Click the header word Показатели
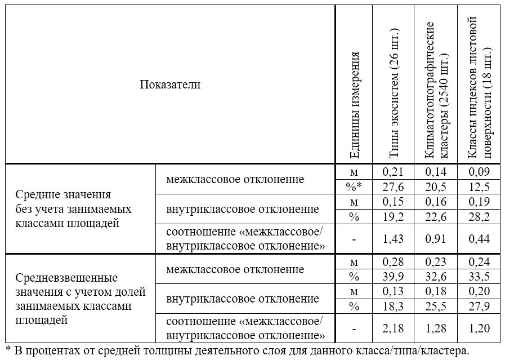coord(170,85)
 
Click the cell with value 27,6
coord(394,186)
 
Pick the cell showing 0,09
coord(479,171)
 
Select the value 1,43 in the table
coord(394,239)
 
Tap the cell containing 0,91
coord(436,239)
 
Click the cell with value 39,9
coord(394,277)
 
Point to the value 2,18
coord(394,328)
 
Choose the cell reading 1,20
coord(479,328)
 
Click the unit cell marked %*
coord(354,186)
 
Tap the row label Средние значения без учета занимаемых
coord(73,208)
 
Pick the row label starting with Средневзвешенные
coord(80,299)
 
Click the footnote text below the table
coord(236,351)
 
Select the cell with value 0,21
coord(394,171)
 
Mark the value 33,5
coord(479,277)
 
